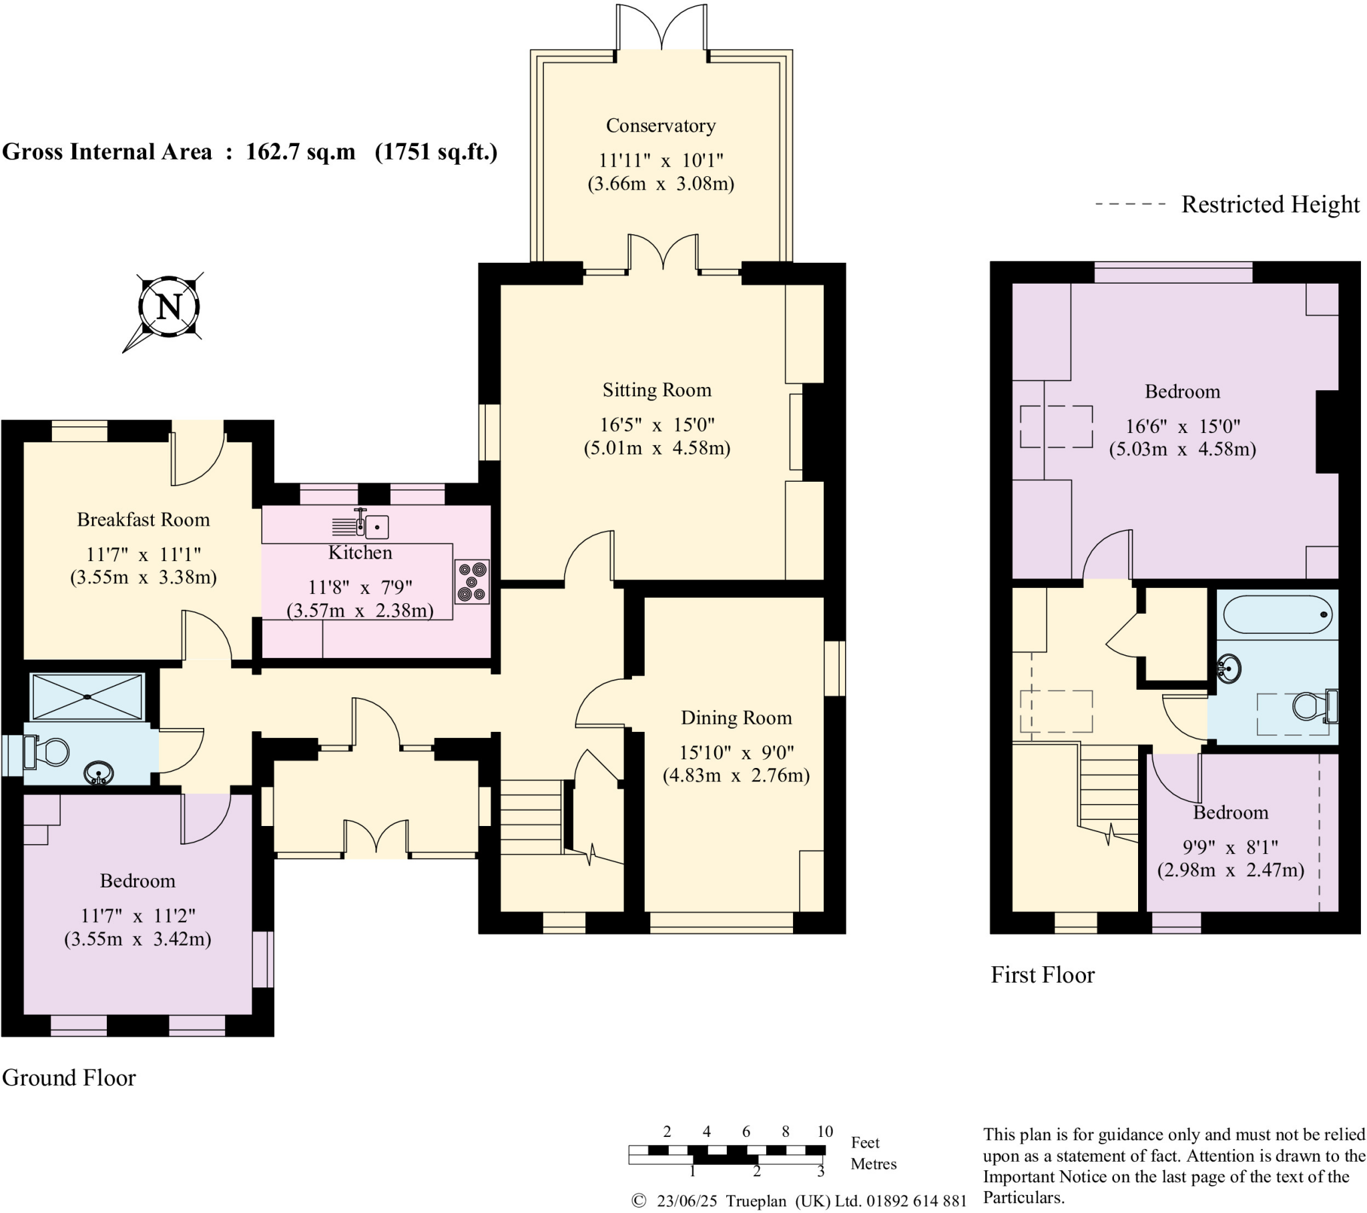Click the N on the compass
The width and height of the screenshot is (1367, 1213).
click(x=168, y=307)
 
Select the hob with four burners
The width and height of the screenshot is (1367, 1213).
click(x=472, y=582)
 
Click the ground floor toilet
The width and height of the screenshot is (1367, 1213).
click(x=47, y=752)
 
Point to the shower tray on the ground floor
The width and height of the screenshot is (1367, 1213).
click(x=87, y=697)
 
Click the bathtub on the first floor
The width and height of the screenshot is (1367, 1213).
click(x=1278, y=614)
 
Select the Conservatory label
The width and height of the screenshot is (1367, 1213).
click(x=661, y=125)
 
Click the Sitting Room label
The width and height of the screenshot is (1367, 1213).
click(x=657, y=390)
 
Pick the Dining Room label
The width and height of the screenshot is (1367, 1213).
click(x=736, y=717)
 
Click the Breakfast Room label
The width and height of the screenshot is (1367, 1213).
click(x=143, y=520)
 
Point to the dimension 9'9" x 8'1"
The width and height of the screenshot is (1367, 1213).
click(x=1230, y=847)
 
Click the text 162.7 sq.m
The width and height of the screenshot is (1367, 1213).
click(x=300, y=152)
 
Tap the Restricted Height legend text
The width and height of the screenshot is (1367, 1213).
click(x=1270, y=204)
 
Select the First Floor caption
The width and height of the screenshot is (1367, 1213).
click(x=1042, y=975)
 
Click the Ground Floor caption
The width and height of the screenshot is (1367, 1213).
click(x=69, y=1078)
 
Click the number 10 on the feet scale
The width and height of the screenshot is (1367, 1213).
click(x=824, y=1132)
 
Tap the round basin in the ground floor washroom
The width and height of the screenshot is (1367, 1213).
click(x=98, y=775)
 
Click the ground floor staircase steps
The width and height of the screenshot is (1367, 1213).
click(x=531, y=817)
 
